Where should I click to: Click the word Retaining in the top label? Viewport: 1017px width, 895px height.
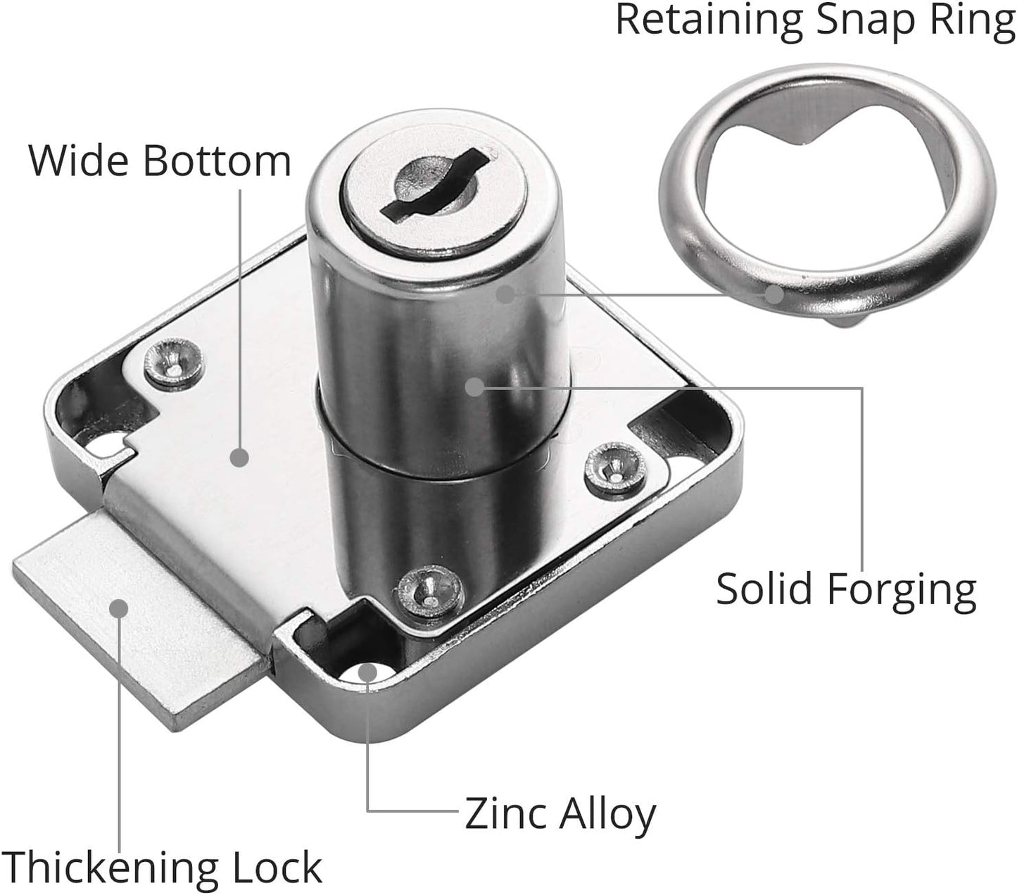click(709, 20)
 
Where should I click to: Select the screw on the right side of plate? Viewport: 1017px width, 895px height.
click(614, 466)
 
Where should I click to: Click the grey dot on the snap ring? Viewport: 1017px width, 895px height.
click(773, 294)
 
